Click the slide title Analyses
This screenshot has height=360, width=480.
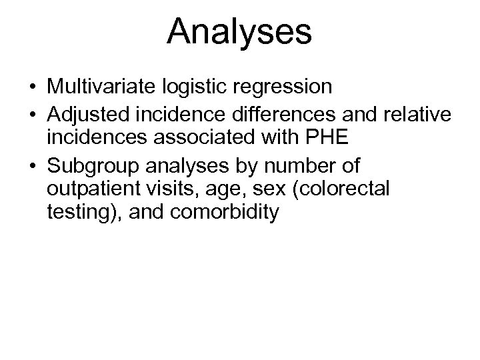(239, 31)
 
